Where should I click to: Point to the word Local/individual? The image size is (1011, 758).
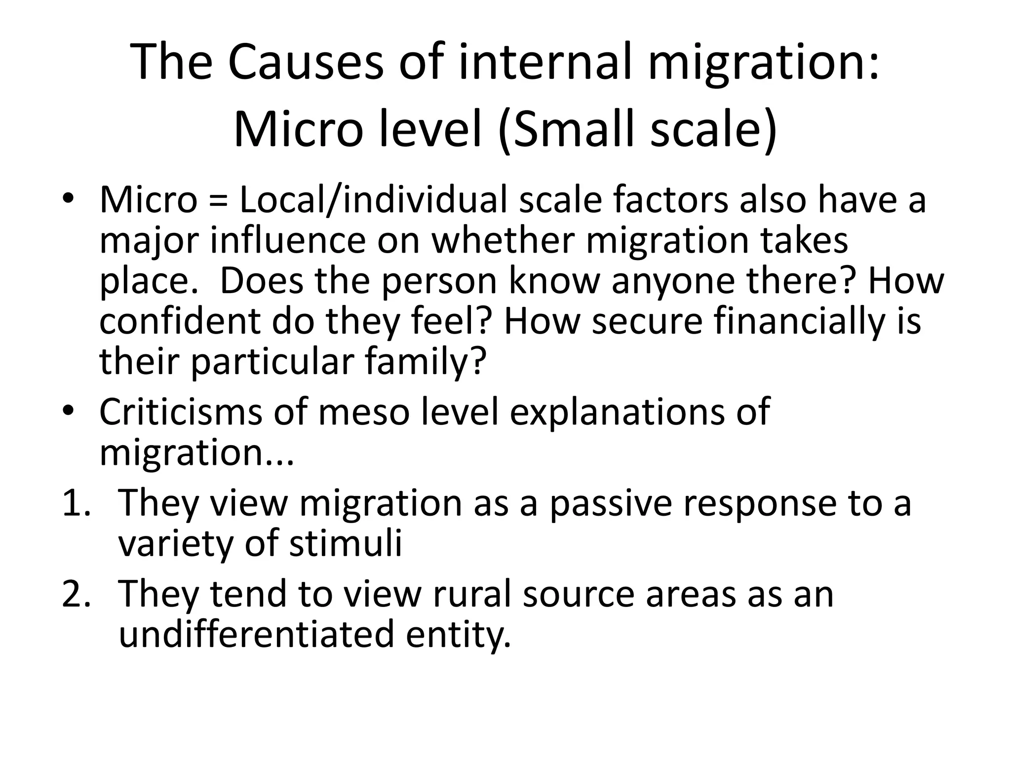373,200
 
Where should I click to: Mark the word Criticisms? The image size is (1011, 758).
181,412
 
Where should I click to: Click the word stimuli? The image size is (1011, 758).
346,543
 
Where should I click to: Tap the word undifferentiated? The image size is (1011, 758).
256,634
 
